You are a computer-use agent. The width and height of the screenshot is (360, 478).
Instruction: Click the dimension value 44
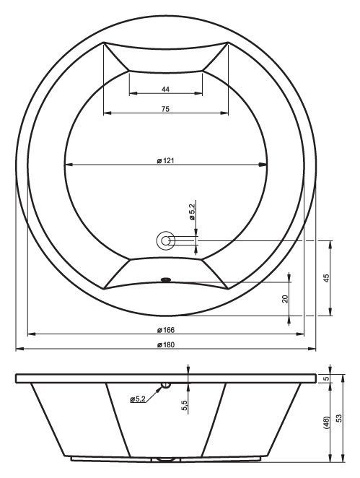165,90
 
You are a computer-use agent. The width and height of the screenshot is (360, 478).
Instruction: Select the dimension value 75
165,109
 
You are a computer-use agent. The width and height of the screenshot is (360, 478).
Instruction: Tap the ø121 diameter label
165,160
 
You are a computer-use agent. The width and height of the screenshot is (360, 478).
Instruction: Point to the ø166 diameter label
166,330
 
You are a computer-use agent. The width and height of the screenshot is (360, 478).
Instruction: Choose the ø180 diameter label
166,345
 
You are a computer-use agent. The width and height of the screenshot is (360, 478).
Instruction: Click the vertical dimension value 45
326,278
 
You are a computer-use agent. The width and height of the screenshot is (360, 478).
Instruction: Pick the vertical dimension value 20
285,299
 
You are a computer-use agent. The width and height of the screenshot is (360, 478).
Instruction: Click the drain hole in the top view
166,241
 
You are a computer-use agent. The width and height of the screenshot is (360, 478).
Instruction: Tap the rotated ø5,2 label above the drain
192,212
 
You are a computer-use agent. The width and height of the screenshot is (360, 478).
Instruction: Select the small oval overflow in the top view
166,279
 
